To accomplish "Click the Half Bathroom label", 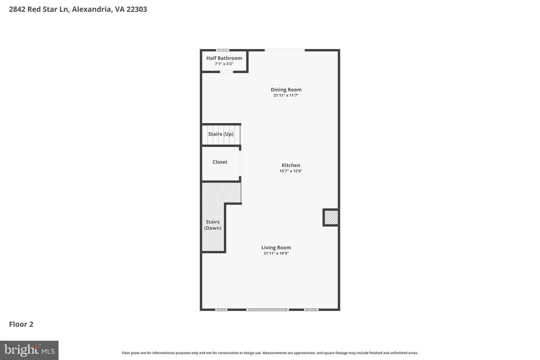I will pos(224,58).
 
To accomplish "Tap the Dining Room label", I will pos(286,90).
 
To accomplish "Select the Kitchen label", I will pos(291,165).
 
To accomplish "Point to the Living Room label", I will pos(276,247).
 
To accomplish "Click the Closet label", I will pos(220,162).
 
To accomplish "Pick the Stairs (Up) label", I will pos(221,134).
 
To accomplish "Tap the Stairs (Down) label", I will pos(213,225).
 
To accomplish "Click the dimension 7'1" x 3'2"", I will pos(224,64).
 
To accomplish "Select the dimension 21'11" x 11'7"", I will pos(286,96).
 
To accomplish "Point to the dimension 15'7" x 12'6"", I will pos(291,171).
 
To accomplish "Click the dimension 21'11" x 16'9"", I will pos(276,253).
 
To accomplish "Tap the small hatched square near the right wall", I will pos(331,217).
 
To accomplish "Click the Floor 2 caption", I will pos(21,324).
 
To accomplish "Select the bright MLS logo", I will pos(29,350).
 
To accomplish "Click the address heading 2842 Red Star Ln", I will pos(78,9).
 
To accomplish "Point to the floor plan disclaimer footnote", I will pos(270,353).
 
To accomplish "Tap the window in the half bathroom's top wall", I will pos(222,50).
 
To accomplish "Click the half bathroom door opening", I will pos(226,72).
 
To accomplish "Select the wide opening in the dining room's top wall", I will pos(285,50).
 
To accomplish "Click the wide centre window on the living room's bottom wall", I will pos(267,310).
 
